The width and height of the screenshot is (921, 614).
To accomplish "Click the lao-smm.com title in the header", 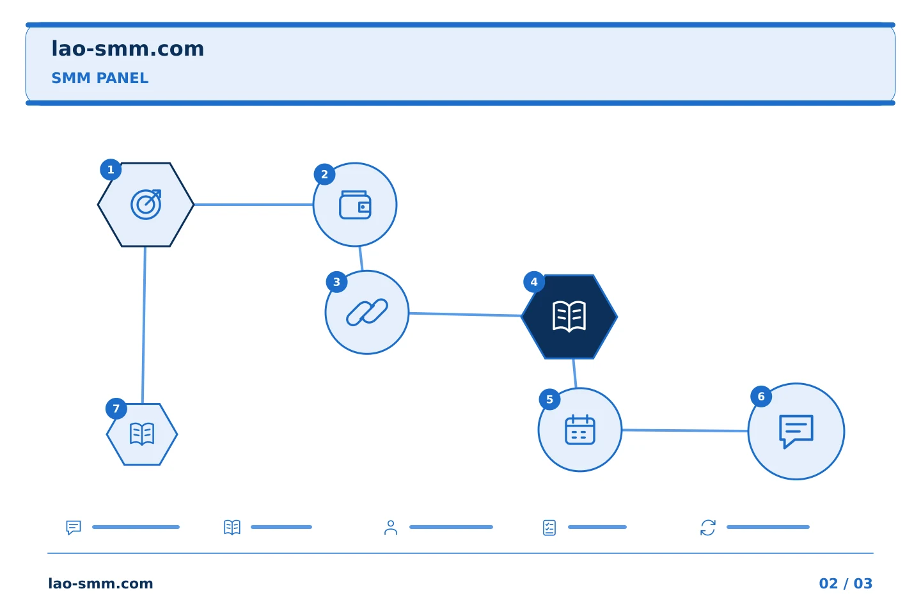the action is pyautogui.click(x=127, y=49).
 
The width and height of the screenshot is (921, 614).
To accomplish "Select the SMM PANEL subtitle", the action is pyautogui.click(x=100, y=78).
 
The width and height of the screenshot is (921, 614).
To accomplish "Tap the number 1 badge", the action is pyautogui.click(x=111, y=169).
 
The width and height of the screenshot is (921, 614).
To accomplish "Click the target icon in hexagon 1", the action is pyautogui.click(x=146, y=205).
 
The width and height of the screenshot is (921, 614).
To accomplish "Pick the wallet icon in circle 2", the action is pyautogui.click(x=355, y=205).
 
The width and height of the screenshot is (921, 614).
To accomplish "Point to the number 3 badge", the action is pyautogui.click(x=336, y=282).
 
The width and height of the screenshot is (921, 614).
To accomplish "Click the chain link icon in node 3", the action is pyautogui.click(x=367, y=312).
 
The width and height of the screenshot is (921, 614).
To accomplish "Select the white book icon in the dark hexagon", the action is pyautogui.click(x=569, y=316).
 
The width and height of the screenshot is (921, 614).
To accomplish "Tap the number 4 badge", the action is pyautogui.click(x=534, y=282).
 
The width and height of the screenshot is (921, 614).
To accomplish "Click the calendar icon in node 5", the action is pyautogui.click(x=580, y=430).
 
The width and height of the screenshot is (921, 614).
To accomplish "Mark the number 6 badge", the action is pyautogui.click(x=761, y=397).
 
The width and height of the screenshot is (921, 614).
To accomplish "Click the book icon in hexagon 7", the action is pyautogui.click(x=142, y=434).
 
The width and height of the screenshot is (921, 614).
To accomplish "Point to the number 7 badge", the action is pyautogui.click(x=116, y=408).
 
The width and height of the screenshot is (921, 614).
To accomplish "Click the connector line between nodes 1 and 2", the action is pyautogui.click(x=253, y=205).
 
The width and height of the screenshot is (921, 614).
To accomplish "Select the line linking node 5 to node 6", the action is pyautogui.click(x=685, y=430).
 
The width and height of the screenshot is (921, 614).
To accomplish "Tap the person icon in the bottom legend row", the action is pyautogui.click(x=391, y=527).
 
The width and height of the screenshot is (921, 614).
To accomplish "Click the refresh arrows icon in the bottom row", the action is pyautogui.click(x=708, y=528).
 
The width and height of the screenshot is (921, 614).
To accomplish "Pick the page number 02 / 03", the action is pyautogui.click(x=846, y=583).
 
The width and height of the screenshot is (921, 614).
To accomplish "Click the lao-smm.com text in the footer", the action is pyautogui.click(x=101, y=583).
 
